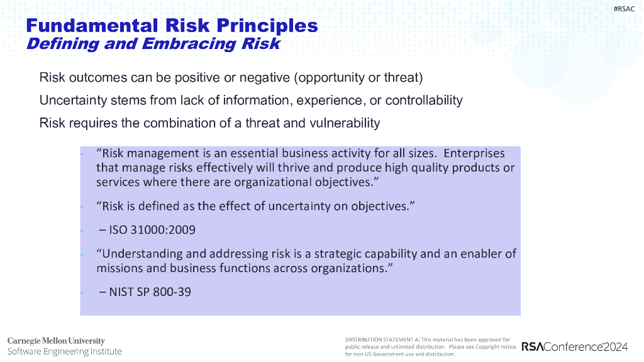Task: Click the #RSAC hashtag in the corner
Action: (624, 8)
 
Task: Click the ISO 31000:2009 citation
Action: (152, 230)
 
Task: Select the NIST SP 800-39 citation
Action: (150, 292)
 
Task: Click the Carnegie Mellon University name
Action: (56, 341)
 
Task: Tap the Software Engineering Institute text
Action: (64, 351)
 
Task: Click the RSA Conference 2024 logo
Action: (574, 347)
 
